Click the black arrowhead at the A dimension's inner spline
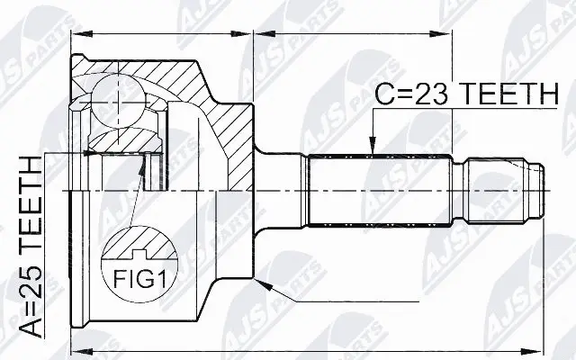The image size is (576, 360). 91,154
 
